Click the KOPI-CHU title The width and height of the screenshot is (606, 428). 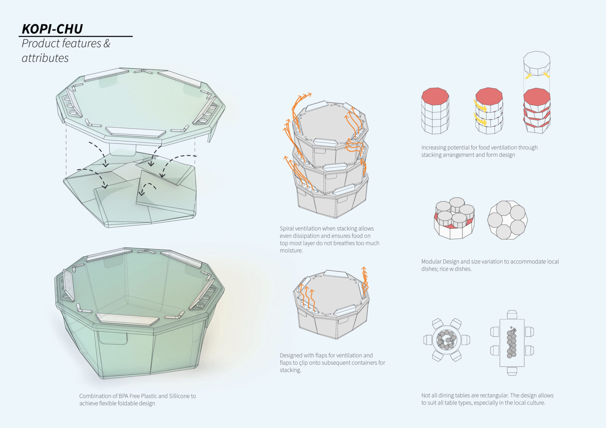click(52, 29)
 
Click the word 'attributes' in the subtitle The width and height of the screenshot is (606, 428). click(45, 58)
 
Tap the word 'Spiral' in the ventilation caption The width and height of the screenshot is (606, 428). click(287, 228)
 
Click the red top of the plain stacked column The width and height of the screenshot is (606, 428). click(435, 95)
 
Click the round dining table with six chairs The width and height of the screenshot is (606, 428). click(447, 340)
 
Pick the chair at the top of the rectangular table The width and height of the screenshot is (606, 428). click(512, 314)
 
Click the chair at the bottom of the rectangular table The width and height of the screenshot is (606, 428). click(512, 371)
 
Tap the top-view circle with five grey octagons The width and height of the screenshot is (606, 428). click(507, 220)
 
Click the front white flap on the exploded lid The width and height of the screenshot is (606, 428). click(136, 132)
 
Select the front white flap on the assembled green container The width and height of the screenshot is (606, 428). click(127, 319)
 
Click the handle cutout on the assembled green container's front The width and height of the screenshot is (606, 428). click(113, 338)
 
